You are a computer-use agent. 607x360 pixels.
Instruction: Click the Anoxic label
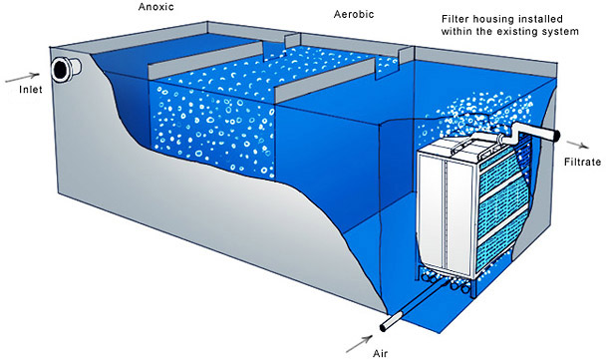pos(156,7)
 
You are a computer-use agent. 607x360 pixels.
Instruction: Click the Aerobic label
pos(354,14)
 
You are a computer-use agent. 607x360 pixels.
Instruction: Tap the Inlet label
pos(31,90)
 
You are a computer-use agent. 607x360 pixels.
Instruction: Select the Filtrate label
pos(583,162)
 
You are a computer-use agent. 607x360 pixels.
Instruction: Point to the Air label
pos(380,353)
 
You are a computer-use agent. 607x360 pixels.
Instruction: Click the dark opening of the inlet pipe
pos(61,70)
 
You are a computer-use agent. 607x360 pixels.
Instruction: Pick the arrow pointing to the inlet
pos(23,78)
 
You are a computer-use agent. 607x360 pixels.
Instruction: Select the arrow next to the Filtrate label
pos(578,145)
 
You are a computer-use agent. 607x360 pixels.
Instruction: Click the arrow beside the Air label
pos(359,344)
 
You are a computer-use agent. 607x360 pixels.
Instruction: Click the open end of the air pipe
pos(384,327)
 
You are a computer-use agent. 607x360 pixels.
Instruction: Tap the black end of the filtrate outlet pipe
pos(557,135)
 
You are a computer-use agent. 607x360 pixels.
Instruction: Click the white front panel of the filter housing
pos(448,213)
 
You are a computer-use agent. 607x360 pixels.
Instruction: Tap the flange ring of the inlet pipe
pos(61,70)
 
